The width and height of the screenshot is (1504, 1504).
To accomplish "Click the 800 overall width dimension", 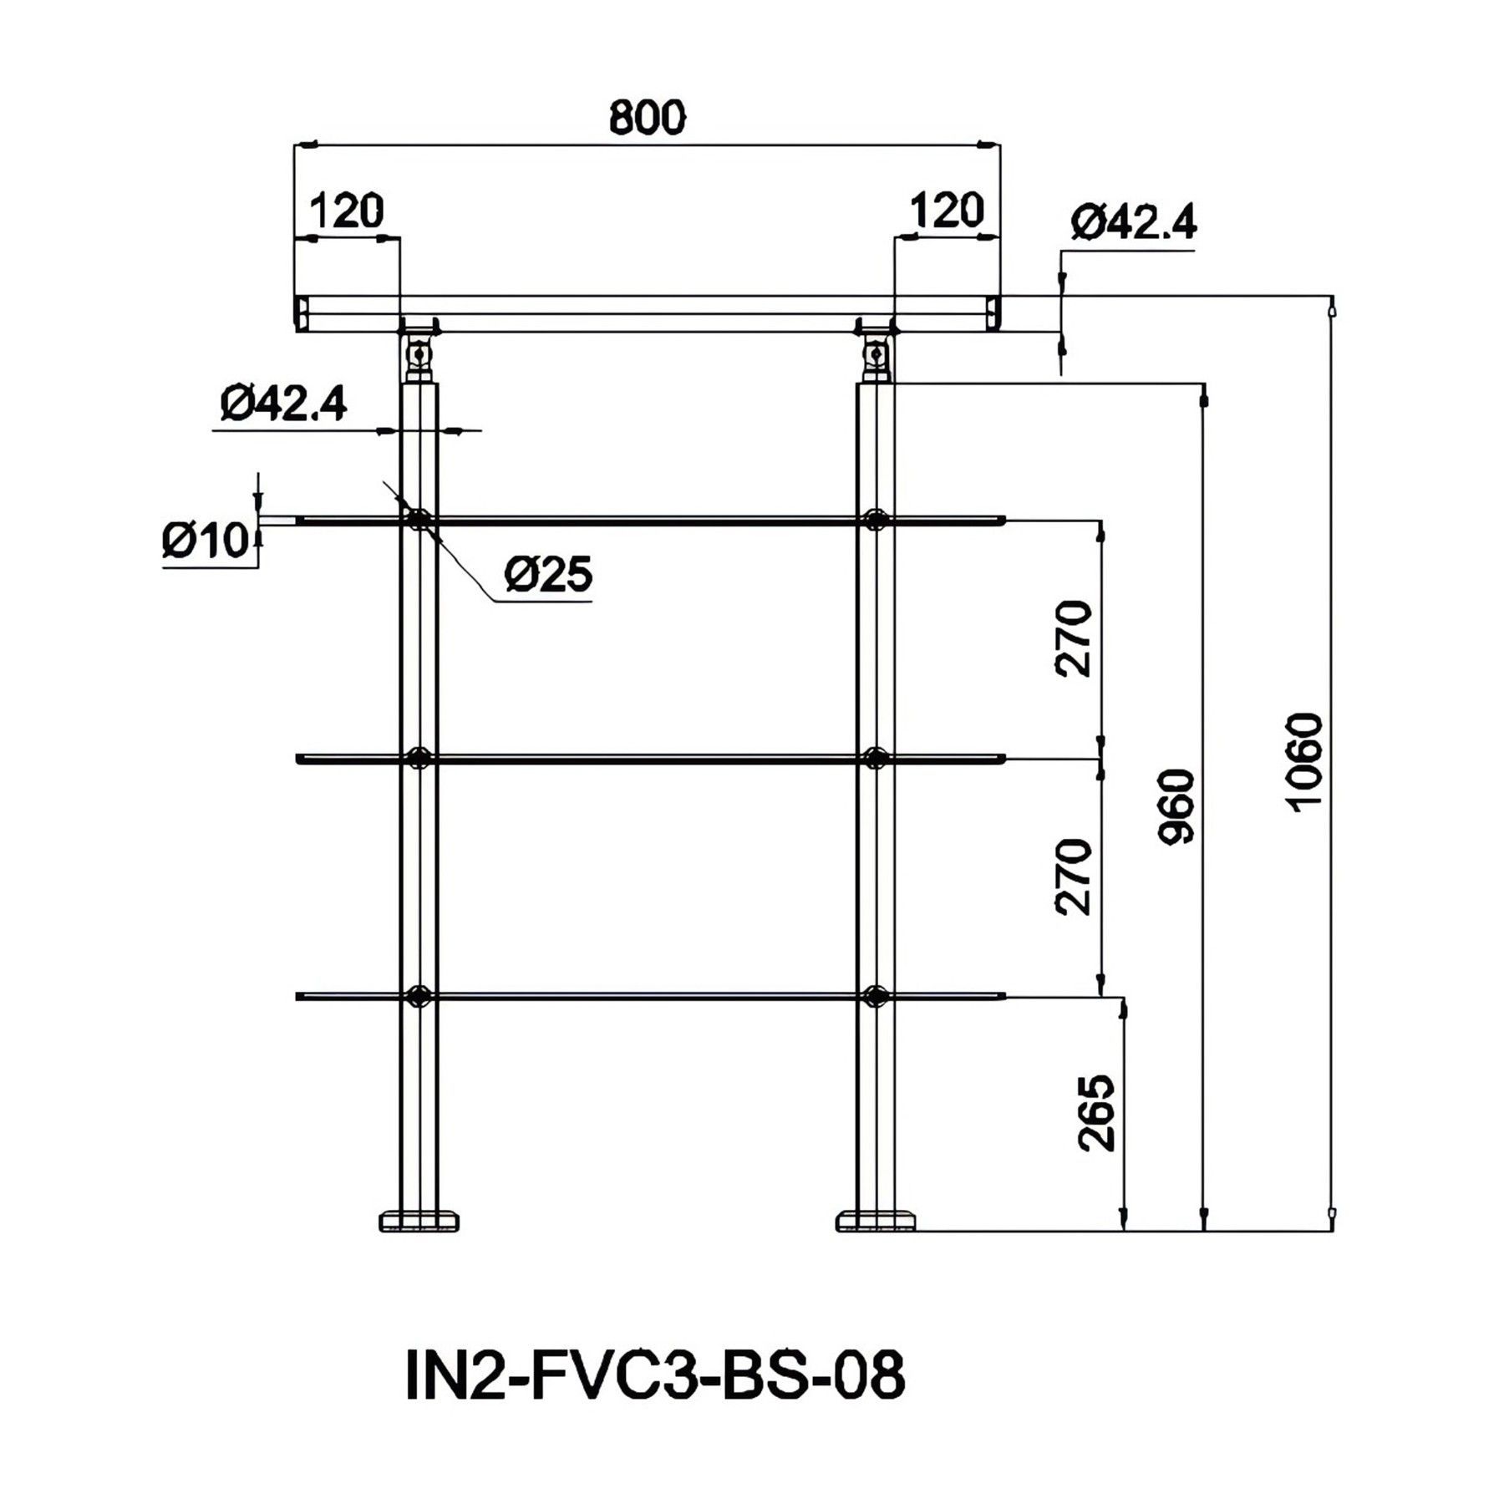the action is [x=647, y=117].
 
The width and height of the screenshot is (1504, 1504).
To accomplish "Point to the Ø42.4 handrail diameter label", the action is [x=1134, y=222].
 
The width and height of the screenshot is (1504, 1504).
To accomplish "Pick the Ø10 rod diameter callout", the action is [x=206, y=541].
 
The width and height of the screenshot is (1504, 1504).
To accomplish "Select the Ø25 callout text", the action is [x=548, y=575].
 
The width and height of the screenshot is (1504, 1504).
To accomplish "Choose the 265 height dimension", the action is [x=1097, y=1113].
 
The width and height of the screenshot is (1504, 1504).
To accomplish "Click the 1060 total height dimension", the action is [x=1305, y=761].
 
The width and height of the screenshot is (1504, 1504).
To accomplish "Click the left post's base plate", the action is [x=419, y=1222].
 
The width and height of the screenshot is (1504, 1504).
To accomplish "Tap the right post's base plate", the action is [x=876, y=1222].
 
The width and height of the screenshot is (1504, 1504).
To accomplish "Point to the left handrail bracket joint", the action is [x=419, y=350].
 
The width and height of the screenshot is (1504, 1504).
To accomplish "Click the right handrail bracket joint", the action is [x=876, y=350].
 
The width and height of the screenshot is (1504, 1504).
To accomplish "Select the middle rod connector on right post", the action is [x=876, y=759].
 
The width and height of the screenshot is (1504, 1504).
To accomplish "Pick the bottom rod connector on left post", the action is [x=419, y=996].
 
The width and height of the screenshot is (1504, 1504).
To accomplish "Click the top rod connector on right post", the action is [x=876, y=521].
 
